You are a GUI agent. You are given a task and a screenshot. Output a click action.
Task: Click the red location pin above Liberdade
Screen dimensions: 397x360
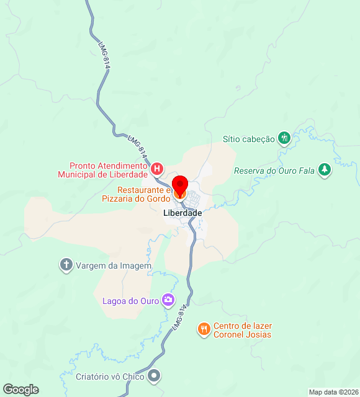180,185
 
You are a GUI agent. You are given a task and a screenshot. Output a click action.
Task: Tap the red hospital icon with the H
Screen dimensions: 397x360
157,168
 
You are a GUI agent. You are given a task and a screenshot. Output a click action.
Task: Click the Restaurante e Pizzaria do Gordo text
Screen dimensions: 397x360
136,194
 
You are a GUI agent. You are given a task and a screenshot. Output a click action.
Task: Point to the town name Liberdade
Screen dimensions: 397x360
182,213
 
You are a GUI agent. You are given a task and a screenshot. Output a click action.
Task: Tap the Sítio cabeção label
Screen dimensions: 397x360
248,139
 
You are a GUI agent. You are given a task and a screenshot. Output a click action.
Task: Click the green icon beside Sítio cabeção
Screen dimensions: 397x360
284,138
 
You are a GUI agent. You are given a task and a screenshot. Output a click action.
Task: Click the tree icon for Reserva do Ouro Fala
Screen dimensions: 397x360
323,169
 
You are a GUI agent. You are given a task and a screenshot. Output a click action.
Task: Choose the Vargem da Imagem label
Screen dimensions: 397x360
114,265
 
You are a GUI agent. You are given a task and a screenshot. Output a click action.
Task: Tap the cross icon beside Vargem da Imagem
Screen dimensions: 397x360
66,265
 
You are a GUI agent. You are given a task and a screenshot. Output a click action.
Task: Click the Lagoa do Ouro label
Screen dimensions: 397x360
130,301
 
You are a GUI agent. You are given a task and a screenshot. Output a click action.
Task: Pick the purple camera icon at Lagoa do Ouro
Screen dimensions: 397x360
168,300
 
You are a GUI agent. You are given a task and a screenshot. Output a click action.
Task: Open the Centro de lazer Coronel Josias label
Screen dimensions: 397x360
243,330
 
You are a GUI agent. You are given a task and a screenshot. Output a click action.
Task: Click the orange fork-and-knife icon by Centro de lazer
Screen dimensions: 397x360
204,329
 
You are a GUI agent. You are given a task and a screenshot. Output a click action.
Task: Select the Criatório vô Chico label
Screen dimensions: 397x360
110,376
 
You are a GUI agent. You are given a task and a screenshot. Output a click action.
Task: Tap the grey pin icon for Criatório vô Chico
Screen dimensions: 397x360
155,376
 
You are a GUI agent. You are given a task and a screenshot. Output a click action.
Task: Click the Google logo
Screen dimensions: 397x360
20,390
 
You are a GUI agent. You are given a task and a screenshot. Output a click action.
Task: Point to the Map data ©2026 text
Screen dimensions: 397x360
333,392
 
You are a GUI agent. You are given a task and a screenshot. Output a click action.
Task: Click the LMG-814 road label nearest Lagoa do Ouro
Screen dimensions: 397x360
179,317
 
